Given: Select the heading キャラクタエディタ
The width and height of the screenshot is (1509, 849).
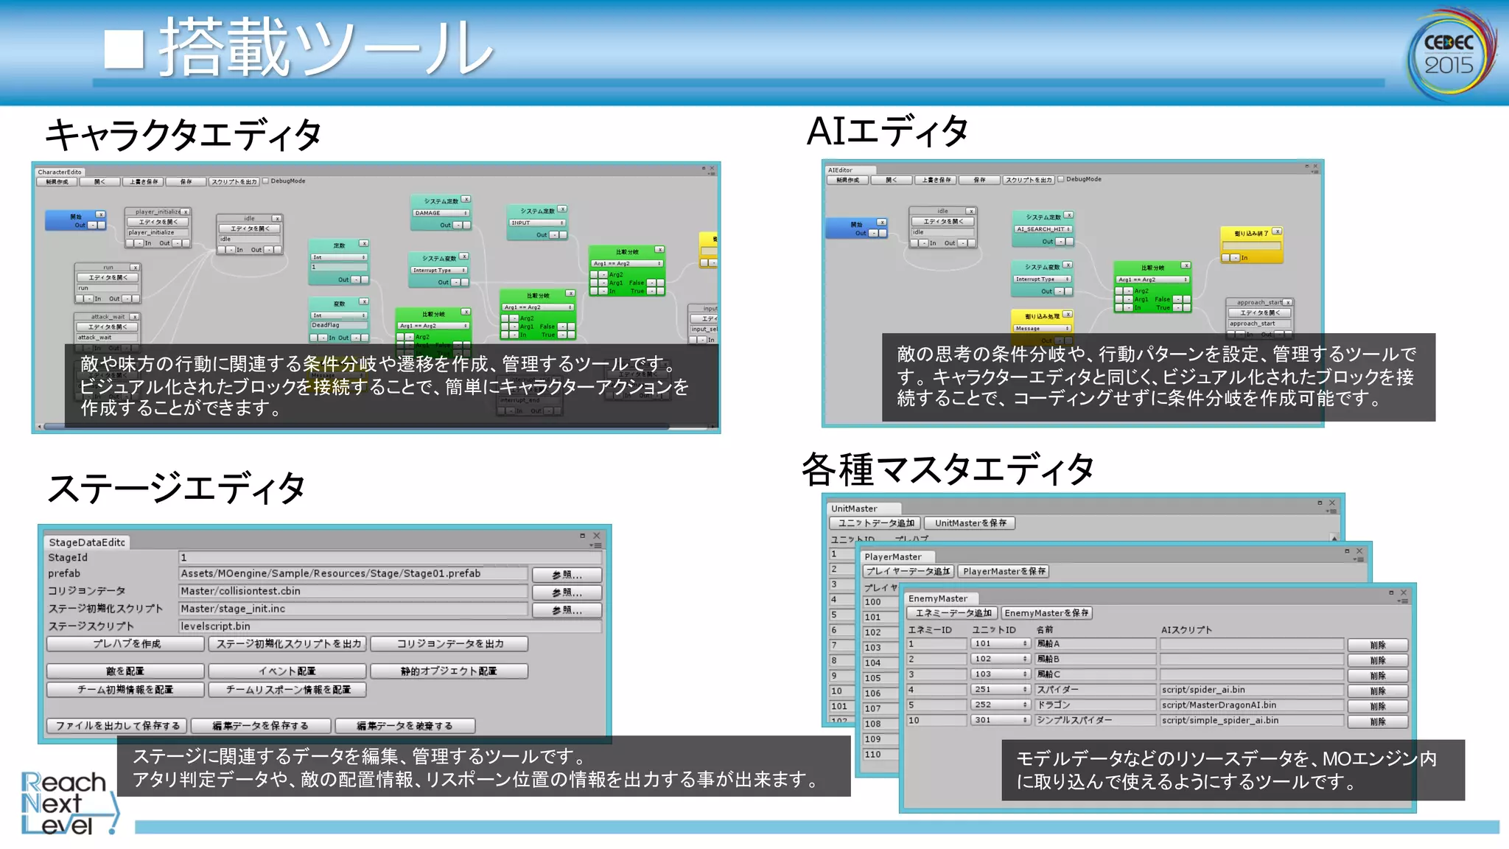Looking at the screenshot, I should (x=183, y=136).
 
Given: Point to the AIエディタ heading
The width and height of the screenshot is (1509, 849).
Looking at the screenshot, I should (x=887, y=132).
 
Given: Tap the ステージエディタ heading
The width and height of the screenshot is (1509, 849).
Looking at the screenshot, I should (x=176, y=489).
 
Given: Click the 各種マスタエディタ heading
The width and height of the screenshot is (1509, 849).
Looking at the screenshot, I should (x=948, y=470).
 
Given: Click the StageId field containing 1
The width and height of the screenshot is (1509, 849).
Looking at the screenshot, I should (x=389, y=558).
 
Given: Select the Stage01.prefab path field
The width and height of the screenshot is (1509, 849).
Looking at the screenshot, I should (x=353, y=573).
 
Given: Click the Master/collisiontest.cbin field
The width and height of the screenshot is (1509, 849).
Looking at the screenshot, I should (x=353, y=591).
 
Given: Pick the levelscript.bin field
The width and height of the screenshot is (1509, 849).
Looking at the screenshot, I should (x=389, y=626).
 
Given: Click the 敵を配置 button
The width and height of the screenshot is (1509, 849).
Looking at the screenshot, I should (x=125, y=671).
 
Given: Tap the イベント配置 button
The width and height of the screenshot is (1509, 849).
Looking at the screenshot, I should (x=287, y=671).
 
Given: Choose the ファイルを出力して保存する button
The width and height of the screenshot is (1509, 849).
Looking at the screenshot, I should (x=117, y=726).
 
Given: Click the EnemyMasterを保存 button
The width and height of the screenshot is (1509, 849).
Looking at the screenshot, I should (x=1046, y=613).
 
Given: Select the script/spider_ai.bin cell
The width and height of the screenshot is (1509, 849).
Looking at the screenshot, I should (x=1250, y=690).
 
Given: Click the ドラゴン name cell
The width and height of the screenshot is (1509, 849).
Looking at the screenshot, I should (x=1095, y=705).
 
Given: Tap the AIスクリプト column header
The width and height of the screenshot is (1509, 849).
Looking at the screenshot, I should (x=1186, y=630).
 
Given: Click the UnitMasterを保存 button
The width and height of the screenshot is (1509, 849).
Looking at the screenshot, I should (x=970, y=523).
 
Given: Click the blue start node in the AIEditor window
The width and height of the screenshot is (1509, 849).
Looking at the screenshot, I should (x=856, y=228).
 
